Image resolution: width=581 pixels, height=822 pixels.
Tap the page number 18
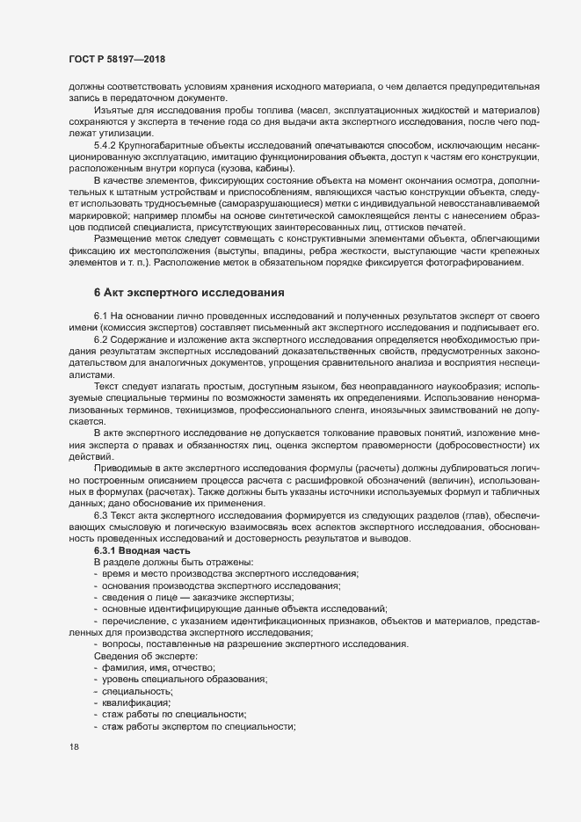74,748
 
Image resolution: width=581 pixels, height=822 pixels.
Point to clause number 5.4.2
105,144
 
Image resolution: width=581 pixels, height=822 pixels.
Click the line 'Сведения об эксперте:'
145,656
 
